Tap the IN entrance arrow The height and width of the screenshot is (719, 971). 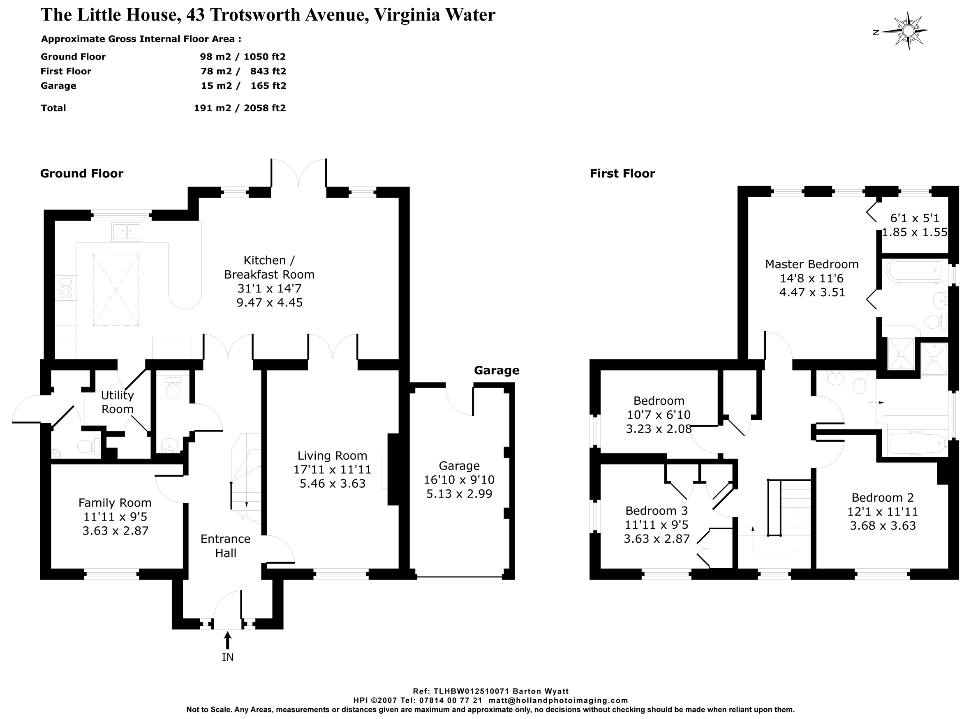click(227, 641)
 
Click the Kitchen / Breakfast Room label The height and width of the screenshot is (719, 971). click(269, 267)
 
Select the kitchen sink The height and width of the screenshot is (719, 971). click(127, 232)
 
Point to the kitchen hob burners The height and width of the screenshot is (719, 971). click(66, 288)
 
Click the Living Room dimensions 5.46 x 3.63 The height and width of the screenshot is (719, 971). click(332, 484)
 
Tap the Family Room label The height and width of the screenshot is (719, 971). click(115, 503)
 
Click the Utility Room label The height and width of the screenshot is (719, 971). click(117, 402)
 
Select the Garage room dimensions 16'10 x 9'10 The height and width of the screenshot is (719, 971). click(459, 479)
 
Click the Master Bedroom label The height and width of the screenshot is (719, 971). click(811, 264)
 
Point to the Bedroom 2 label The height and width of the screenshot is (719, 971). click(883, 498)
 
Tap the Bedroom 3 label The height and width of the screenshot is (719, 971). click(657, 511)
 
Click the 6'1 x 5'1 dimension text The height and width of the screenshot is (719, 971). click(914, 218)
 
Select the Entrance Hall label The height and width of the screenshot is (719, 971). click(226, 546)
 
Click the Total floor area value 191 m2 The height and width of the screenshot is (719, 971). click(213, 108)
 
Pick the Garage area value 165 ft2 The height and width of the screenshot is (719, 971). click(268, 86)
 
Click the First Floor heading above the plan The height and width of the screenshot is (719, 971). click(622, 174)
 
